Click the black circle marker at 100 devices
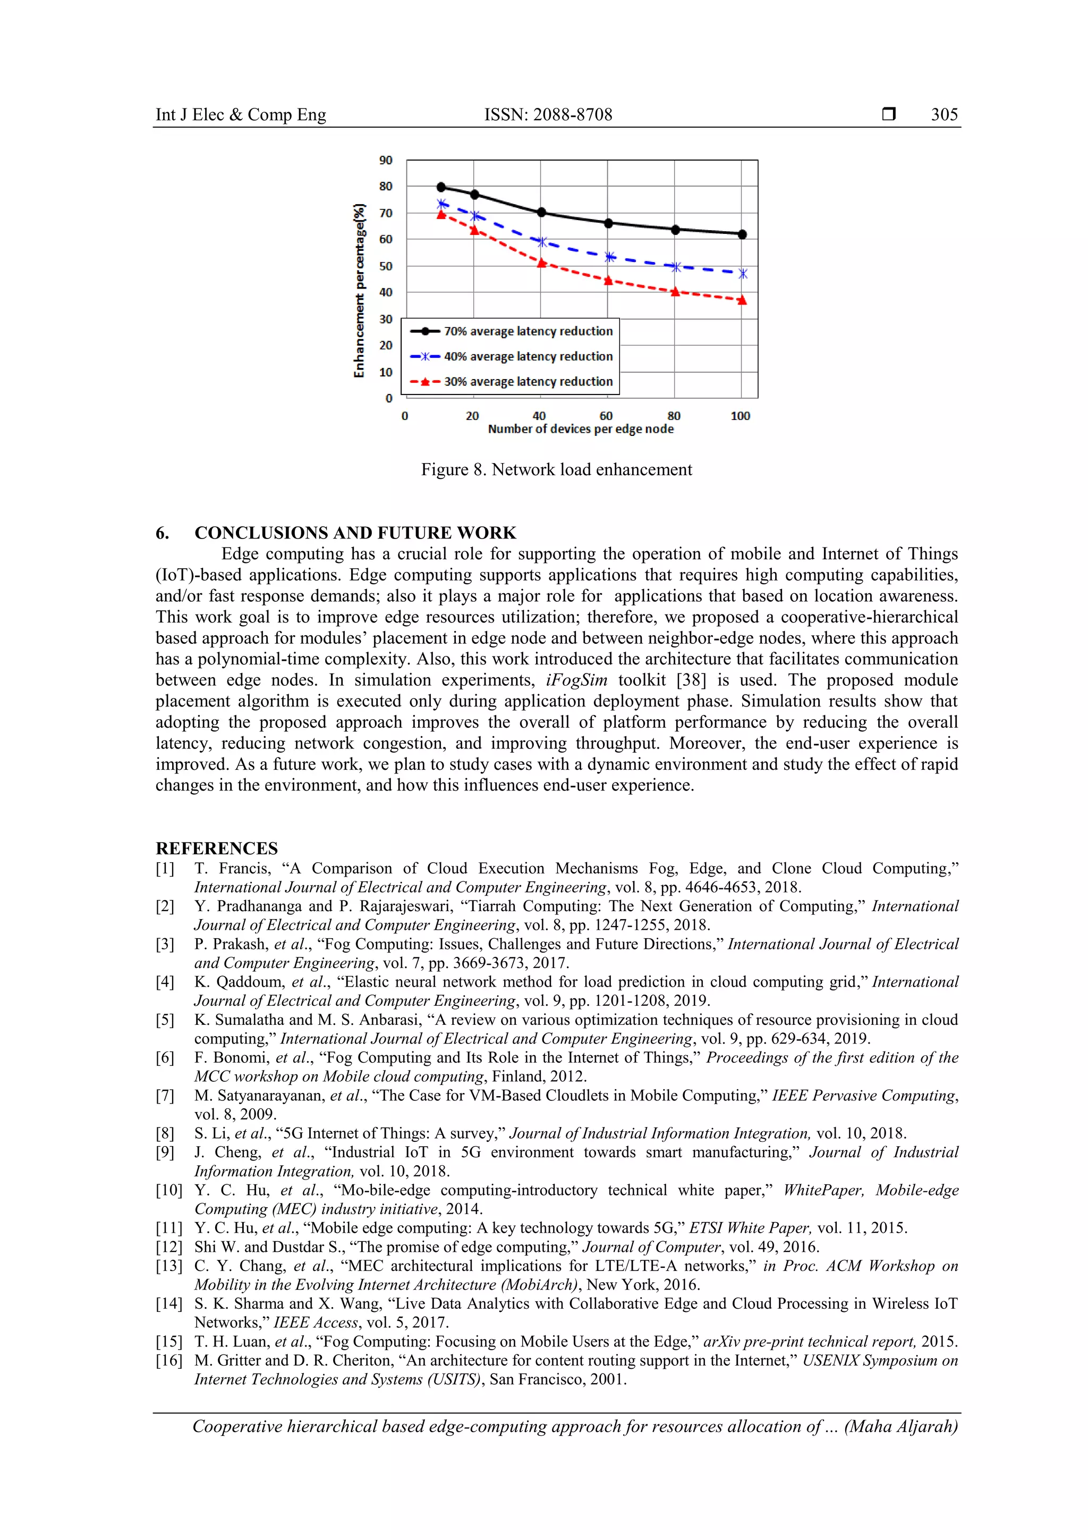(742, 234)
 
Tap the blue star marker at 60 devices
(609, 257)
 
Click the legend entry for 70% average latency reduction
(528, 331)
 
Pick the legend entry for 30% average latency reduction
(528, 382)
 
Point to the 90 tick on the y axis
(386, 161)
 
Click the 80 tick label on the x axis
(674, 416)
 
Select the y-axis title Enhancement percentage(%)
(360, 290)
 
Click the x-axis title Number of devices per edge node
(581, 430)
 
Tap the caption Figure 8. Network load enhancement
(556, 469)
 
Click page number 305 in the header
(944, 115)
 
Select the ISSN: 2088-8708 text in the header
(548, 115)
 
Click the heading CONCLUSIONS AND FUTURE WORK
(355, 533)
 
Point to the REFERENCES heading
(217, 848)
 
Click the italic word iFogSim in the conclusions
(576, 679)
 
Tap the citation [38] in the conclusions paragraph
(691, 679)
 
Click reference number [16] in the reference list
(168, 1360)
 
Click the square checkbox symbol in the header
(888, 114)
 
